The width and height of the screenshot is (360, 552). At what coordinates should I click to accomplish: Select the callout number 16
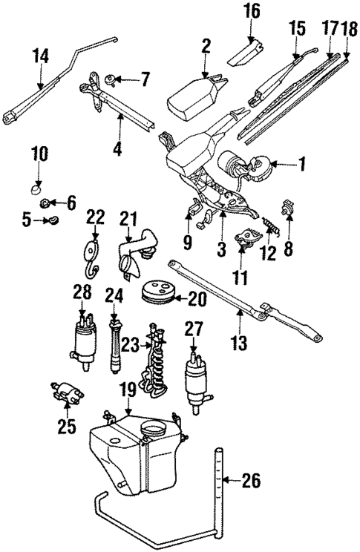tap(252, 11)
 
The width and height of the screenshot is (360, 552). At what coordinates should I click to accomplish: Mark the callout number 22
tap(95, 216)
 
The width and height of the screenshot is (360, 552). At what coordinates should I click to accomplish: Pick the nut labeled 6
tap(46, 203)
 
